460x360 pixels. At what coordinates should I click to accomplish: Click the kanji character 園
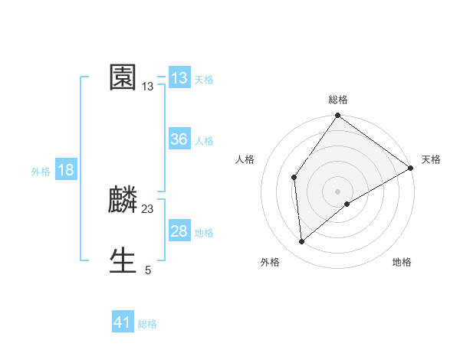[x=123, y=78]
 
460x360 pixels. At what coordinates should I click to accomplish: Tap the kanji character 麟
[x=123, y=201]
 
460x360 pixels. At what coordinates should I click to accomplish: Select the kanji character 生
[x=123, y=261]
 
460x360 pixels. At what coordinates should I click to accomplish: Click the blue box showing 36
[x=179, y=139]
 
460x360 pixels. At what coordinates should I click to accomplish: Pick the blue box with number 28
[x=179, y=231]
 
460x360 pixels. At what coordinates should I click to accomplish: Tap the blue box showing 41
[x=123, y=322]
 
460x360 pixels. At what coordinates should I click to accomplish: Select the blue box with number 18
[x=66, y=170]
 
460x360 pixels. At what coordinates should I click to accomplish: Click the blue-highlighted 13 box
[x=179, y=78]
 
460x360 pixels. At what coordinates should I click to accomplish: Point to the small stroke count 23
[x=148, y=209]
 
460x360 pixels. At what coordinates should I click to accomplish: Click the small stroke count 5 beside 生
[x=148, y=270]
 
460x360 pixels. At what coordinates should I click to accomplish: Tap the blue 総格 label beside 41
[x=147, y=324]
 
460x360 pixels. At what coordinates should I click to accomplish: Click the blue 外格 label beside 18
[x=41, y=172]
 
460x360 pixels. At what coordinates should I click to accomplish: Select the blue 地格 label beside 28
[x=204, y=233]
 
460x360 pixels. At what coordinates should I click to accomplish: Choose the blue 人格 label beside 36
[x=204, y=141]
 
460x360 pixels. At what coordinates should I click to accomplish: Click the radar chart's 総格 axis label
[x=338, y=100]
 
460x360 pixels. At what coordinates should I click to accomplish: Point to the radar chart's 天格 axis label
[x=431, y=159]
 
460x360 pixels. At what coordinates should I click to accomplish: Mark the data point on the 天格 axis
[x=411, y=168]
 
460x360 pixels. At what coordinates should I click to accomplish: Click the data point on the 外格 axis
[x=302, y=242]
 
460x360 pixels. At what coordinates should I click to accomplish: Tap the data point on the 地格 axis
[x=347, y=204]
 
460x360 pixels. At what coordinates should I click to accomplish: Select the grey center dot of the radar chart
[x=338, y=191]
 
